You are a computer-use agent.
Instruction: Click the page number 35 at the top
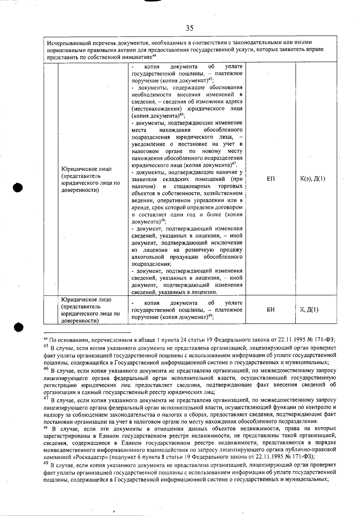point(190,28)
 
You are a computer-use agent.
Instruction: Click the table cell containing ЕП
point(271,179)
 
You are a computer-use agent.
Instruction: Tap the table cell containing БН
point(271,310)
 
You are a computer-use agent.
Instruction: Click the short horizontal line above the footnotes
point(87,332)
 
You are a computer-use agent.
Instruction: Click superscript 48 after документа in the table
point(163,220)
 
